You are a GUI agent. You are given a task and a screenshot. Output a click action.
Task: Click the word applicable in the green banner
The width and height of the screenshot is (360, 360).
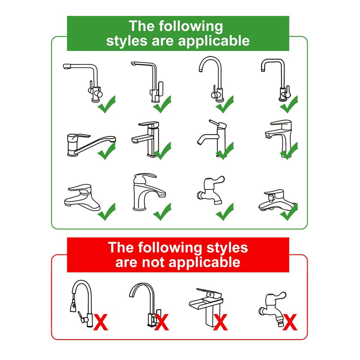(214, 41)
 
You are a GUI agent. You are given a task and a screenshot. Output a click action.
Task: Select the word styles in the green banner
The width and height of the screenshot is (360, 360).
(127, 41)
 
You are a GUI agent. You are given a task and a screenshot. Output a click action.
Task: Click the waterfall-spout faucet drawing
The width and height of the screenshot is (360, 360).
(207, 308)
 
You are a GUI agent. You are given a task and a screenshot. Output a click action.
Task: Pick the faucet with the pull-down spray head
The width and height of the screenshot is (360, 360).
(80, 304)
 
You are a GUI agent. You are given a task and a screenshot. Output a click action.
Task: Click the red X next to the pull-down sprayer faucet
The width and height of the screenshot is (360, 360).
(101, 323)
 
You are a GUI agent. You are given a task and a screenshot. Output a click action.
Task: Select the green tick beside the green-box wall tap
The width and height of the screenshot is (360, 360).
(225, 212)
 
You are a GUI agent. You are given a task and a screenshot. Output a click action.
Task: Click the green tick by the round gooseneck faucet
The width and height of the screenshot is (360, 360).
(225, 104)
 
